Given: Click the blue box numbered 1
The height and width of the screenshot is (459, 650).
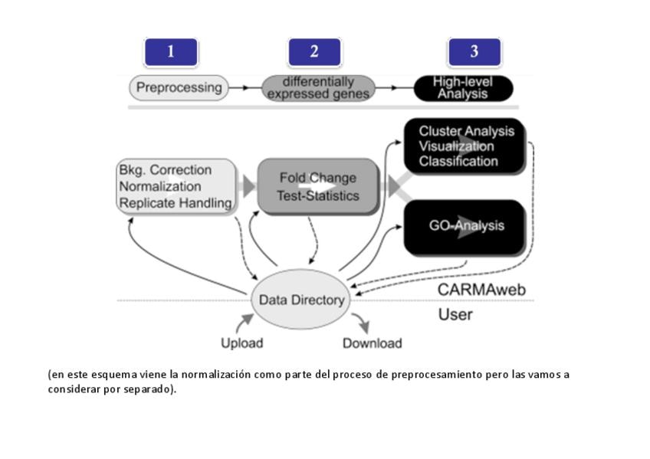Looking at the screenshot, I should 171,52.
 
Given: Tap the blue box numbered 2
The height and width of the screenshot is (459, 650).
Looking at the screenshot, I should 314,52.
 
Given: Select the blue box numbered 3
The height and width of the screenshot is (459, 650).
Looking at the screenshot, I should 474,52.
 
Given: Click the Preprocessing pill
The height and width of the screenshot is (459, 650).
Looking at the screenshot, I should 179,88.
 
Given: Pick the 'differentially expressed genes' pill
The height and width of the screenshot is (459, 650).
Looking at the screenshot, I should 318,88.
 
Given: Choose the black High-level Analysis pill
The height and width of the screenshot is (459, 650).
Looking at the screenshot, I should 463,88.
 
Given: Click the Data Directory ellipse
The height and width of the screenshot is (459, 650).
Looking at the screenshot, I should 301,300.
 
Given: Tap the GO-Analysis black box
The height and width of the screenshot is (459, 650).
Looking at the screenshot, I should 466,227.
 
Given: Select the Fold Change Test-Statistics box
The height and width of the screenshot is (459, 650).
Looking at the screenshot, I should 318,186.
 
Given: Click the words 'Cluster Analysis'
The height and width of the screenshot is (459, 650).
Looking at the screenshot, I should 466,131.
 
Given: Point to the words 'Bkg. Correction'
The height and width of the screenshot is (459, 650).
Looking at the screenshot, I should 165,169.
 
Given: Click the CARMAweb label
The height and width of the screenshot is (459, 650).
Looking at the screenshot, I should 475,290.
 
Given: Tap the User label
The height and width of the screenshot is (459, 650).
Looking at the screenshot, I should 455,314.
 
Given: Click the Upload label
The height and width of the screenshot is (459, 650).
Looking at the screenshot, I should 241,343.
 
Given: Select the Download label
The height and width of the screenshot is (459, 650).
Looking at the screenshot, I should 372,343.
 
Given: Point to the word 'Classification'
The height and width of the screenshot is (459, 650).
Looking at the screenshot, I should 458,162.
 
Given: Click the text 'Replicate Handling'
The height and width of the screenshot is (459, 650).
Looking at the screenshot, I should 175,203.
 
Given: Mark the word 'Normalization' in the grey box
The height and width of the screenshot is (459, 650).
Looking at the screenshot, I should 159,186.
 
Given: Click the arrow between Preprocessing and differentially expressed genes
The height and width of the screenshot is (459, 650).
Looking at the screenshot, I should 245,88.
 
